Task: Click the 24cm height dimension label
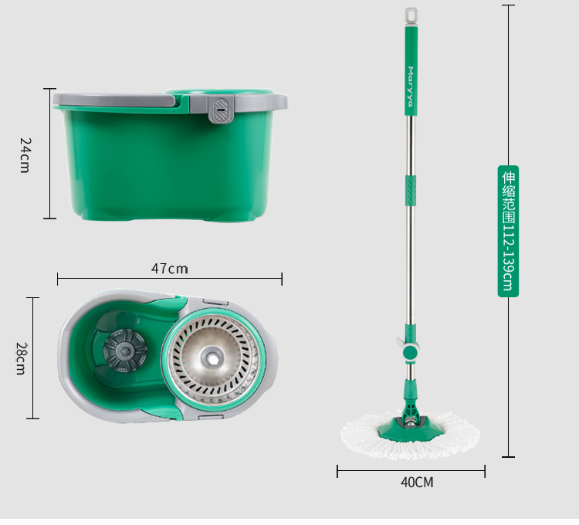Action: [25, 155]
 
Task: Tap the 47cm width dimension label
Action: [170, 269]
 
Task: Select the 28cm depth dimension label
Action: [21, 358]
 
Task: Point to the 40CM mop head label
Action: [417, 483]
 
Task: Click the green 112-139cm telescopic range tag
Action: [508, 231]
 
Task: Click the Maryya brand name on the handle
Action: [411, 86]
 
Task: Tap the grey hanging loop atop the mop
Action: [411, 16]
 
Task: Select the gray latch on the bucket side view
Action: [222, 110]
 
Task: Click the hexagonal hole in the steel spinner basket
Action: [212, 357]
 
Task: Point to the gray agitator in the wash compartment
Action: [125, 350]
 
